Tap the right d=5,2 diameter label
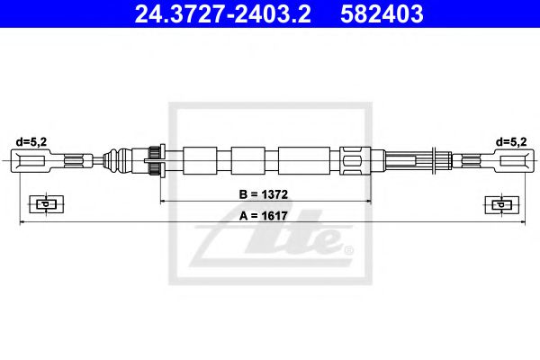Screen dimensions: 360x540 (510, 140)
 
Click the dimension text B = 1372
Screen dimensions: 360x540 (264, 194)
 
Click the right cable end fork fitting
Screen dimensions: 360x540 (508, 162)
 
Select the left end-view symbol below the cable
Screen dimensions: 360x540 (42, 203)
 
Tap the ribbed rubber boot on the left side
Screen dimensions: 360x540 (114, 162)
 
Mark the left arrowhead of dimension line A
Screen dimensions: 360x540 (22, 223)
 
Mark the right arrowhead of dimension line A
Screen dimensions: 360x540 (519, 223)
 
